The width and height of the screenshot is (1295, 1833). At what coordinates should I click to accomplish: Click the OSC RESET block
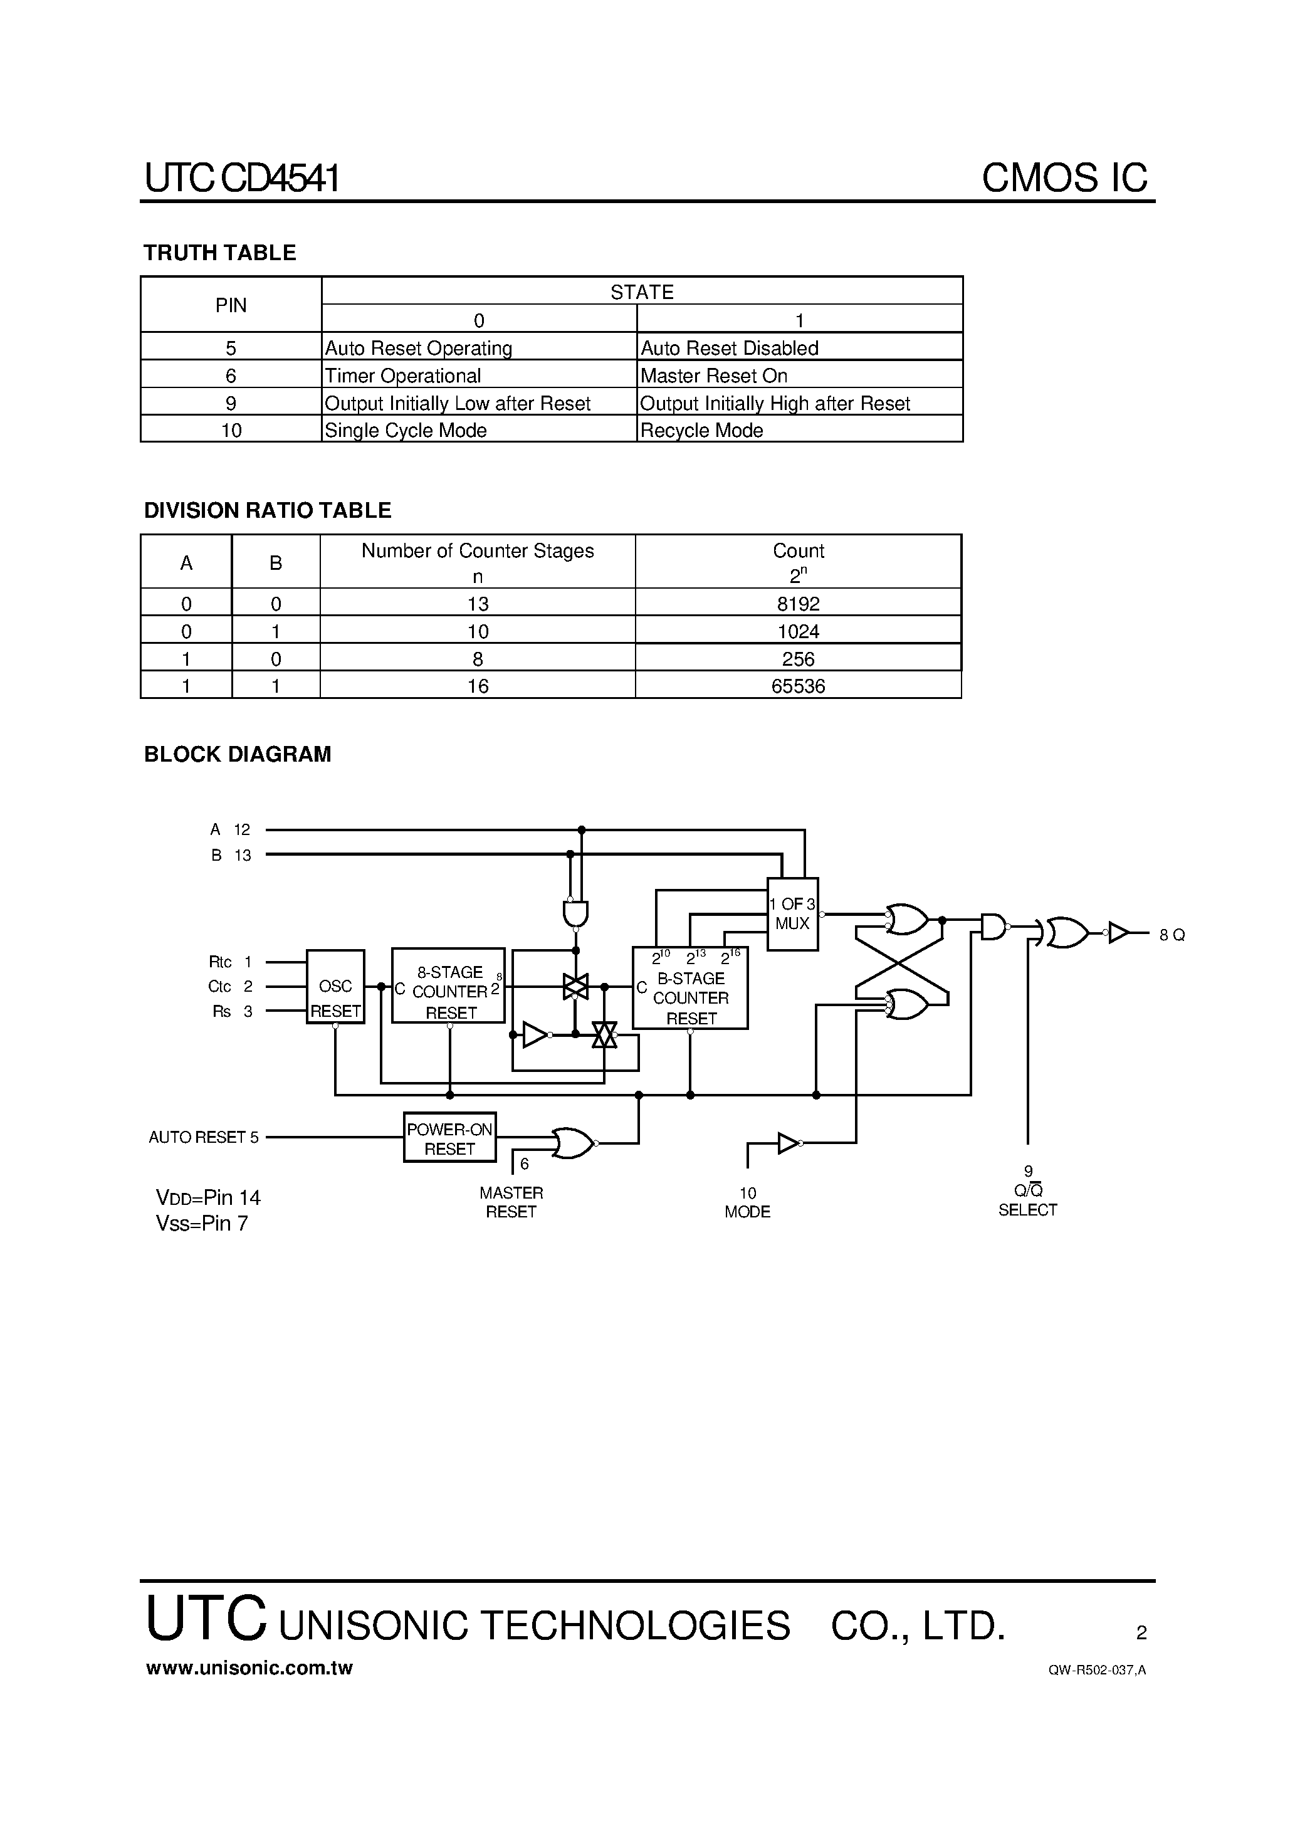pyautogui.click(x=335, y=987)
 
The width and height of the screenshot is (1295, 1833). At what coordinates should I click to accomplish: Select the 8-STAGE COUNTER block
pyautogui.click(x=449, y=985)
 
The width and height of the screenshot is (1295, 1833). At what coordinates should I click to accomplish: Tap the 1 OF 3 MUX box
pyautogui.click(x=792, y=914)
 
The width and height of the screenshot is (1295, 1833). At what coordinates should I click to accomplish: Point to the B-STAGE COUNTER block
pyautogui.click(x=690, y=987)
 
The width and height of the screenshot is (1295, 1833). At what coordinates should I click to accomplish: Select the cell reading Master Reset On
pyautogui.click(x=714, y=376)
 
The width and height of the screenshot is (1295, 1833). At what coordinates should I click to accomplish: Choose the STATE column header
pyautogui.click(x=642, y=292)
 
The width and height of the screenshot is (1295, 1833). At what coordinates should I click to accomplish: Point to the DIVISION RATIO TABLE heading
pyautogui.click(x=268, y=510)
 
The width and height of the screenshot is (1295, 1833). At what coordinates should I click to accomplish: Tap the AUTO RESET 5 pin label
pyautogui.click(x=204, y=1137)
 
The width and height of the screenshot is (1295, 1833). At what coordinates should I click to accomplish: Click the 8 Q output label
pyautogui.click(x=1172, y=935)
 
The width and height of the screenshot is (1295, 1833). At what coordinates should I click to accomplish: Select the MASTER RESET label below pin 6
pyautogui.click(x=511, y=1202)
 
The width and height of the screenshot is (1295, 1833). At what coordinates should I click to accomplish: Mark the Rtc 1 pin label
pyautogui.click(x=230, y=962)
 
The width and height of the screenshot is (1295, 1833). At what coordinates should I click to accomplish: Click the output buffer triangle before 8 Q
pyautogui.click(x=1119, y=932)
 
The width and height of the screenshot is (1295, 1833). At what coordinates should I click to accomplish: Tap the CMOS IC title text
pyautogui.click(x=1064, y=177)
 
